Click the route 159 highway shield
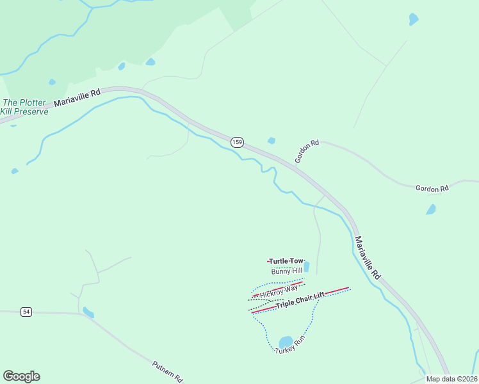(x=237, y=141)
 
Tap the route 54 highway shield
(x=26, y=312)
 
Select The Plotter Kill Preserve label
(x=24, y=107)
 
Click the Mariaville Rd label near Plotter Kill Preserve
(x=77, y=97)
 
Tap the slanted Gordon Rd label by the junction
(x=307, y=152)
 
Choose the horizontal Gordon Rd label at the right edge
(x=432, y=188)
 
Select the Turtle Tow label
(x=286, y=261)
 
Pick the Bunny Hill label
(x=286, y=271)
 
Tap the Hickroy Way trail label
(x=279, y=291)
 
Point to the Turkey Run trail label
(x=290, y=348)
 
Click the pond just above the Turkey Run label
(x=286, y=342)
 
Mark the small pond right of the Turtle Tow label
(x=306, y=266)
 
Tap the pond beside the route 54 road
(x=88, y=312)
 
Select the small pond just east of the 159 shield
(x=272, y=141)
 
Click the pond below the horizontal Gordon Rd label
(x=431, y=209)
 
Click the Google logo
(x=21, y=376)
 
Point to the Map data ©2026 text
(x=451, y=379)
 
